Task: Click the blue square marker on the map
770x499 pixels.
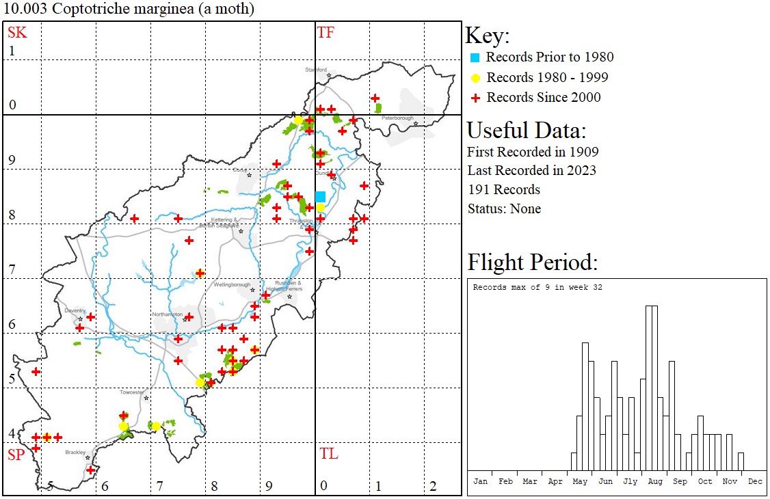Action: coord(320,197)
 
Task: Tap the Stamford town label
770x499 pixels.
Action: coord(316,70)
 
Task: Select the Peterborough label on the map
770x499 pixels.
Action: coord(398,118)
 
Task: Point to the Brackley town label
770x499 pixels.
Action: coord(75,453)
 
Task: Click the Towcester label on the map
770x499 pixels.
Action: coord(132,392)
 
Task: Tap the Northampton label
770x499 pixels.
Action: coord(168,314)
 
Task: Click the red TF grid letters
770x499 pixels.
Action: coord(326,32)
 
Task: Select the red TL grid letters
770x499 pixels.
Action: coord(328,454)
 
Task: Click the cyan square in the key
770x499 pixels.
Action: coord(475,57)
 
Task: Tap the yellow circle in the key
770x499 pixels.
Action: coord(475,78)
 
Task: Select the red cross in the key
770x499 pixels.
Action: coord(475,98)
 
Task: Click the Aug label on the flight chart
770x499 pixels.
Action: coord(655,481)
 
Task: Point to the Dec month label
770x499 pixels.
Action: coord(755,481)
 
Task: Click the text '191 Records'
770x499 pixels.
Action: coord(503,189)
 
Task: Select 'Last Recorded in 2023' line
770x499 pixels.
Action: coord(531,170)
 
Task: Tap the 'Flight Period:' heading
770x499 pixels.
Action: coord(532,262)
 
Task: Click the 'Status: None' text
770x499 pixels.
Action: coord(503,208)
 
